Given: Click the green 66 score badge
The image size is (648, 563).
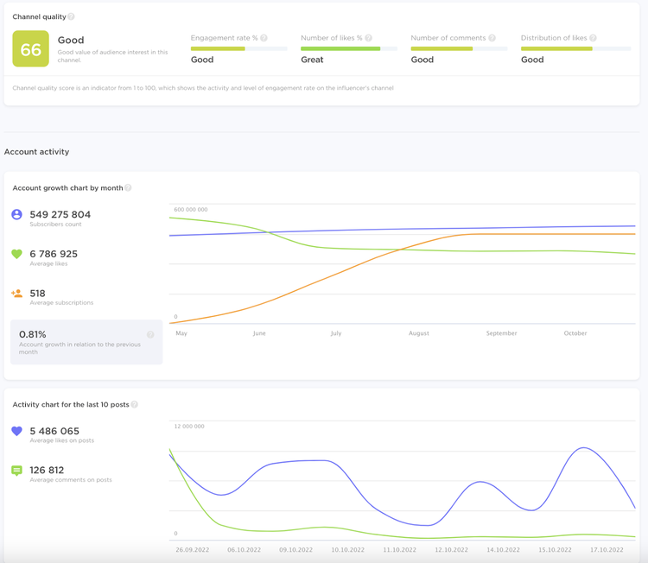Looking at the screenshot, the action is click(x=30, y=48).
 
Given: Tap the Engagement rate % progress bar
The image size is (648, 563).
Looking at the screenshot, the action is click(x=238, y=48).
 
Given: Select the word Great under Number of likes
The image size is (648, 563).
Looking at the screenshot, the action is click(x=312, y=60).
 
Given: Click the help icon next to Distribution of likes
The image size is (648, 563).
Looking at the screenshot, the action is click(x=593, y=38).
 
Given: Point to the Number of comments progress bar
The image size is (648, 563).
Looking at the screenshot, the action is click(x=459, y=48).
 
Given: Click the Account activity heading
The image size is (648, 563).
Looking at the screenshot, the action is click(x=37, y=152).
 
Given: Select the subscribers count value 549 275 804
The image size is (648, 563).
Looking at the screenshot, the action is click(x=60, y=214).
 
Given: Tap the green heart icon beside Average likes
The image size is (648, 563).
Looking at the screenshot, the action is click(x=16, y=254).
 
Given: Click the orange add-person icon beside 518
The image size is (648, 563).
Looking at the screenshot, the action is click(x=16, y=294).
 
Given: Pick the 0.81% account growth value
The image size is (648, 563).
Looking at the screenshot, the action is click(x=33, y=334).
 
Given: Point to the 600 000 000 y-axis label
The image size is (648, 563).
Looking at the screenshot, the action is click(x=191, y=210).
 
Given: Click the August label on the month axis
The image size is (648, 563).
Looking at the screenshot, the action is click(x=419, y=333).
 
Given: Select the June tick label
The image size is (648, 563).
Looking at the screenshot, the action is click(x=259, y=333).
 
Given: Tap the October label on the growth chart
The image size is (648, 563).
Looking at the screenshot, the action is click(x=575, y=333).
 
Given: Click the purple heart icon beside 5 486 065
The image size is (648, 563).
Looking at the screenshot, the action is click(x=16, y=431).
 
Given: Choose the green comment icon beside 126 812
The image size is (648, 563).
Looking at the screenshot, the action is click(x=16, y=471).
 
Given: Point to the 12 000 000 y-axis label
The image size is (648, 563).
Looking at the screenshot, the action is click(x=189, y=427).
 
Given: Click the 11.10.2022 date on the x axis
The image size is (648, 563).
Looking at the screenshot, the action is click(x=400, y=550).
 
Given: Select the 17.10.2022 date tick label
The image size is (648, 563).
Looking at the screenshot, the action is click(x=607, y=550).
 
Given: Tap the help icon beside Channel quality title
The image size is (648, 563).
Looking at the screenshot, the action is click(x=71, y=16).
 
